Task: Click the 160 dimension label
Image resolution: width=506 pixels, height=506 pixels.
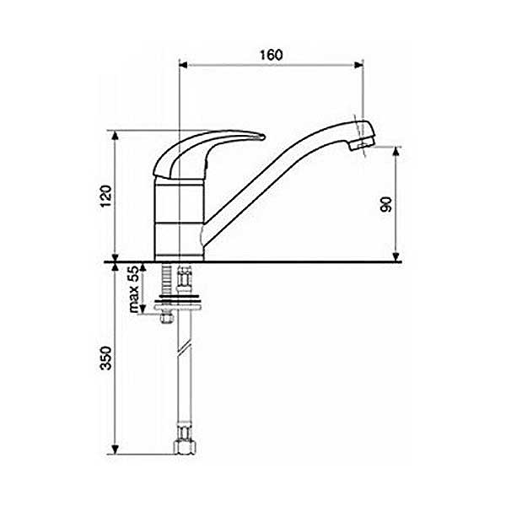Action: [x=271, y=55]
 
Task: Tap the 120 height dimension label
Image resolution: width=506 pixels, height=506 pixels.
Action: [x=106, y=196]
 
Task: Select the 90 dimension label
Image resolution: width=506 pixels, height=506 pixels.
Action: [x=386, y=204]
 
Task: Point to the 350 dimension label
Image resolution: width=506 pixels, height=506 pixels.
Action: [x=106, y=358]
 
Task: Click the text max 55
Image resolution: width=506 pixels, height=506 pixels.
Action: [x=134, y=289]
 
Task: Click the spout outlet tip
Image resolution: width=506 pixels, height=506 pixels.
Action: [x=363, y=144]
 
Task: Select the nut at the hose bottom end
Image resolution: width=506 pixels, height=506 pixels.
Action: [x=185, y=447]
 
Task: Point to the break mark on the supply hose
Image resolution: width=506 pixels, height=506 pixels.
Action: [x=185, y=350]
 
